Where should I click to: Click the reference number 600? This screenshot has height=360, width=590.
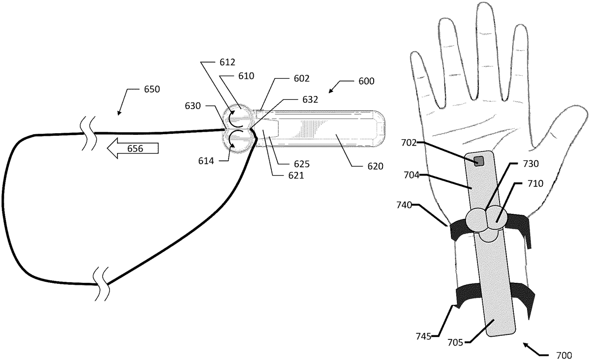point(366,81)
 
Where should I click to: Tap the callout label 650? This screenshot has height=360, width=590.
point(152,90)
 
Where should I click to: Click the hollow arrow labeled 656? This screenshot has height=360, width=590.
point(133,149)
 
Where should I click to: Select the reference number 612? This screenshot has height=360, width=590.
point(227,62)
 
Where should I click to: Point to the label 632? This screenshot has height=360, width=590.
point(310,99)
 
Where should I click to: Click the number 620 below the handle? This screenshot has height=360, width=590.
point(375,166)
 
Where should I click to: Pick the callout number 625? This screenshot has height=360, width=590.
point(302,164)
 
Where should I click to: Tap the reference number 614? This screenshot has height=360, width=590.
point(206,161)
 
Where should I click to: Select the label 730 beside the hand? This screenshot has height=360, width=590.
point(531,164)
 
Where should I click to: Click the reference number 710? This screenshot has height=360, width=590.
point(535,183)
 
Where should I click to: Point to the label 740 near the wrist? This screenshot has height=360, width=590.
point(404,205)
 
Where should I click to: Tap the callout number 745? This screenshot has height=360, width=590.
point(423,336)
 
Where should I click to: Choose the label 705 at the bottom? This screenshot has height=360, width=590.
point(455,343)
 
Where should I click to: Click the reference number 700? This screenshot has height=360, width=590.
point(564,356)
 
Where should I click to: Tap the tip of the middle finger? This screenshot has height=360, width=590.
point(485,3)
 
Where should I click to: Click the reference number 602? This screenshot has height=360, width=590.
point(301,79)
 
